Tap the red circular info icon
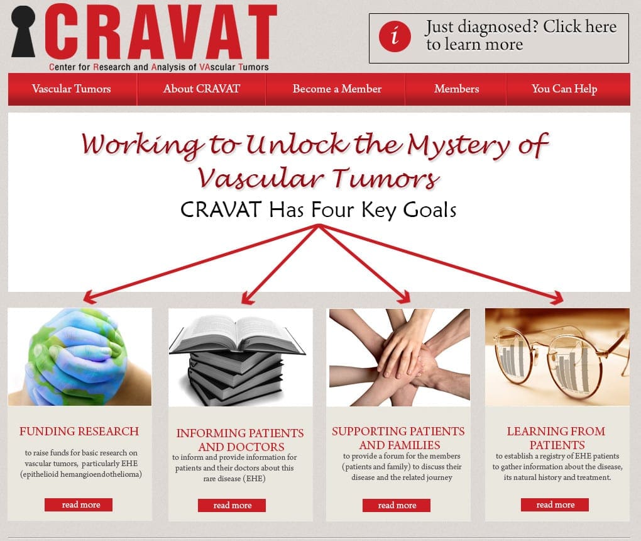[x=395, y=36]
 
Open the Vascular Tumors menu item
[x=72, y=89]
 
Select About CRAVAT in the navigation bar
[x=202, y=89]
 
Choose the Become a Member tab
[x=337, y=89]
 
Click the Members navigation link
[x=457, y=89]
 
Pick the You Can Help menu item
[x=564, y=89]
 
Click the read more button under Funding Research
[x=79, y=505]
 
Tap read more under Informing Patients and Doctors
[x=232, y=505]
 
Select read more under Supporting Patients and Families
[x=397, y=505]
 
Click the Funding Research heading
[x=79, y=432]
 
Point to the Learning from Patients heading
[x=556, y=438]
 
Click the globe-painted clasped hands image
[x=80, y=357]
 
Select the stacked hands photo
[x=400, y=357]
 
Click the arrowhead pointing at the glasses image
[x=557, y=298]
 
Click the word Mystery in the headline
[x=459, y=145]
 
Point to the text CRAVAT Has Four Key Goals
[x=319, y=209]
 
